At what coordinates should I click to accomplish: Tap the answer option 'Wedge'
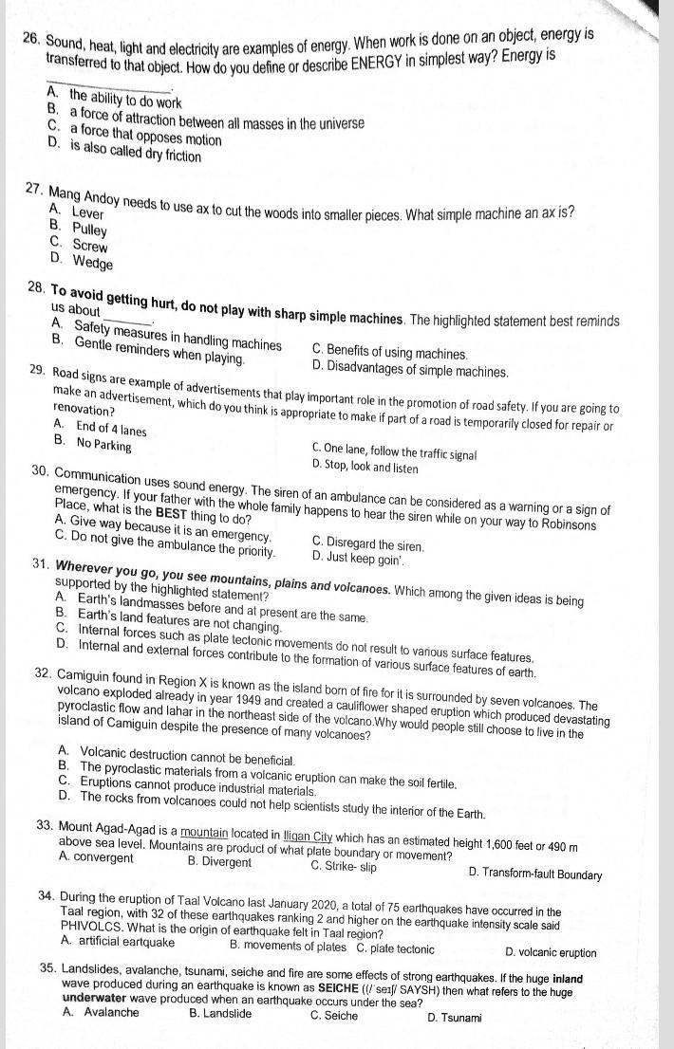tap(92, 264)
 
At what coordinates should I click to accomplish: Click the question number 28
tap(38, 288)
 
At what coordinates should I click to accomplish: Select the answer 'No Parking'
tap(103, 443)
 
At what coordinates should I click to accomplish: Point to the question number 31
tap(40, 564)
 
